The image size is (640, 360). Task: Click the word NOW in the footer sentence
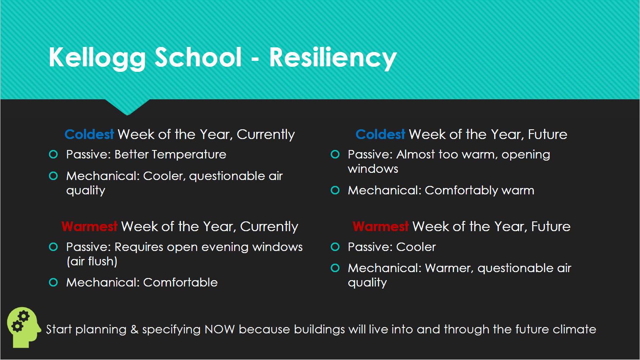219,330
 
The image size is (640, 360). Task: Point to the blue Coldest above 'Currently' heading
89,134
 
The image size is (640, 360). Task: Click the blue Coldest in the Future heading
380,134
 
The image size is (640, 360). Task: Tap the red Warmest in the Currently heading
90,226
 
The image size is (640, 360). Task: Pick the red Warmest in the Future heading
380,226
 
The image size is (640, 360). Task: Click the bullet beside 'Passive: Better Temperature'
53,155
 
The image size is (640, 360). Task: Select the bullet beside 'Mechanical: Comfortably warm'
335,190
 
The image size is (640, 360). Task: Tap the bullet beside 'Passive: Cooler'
335,247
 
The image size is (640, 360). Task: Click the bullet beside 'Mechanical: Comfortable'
53,282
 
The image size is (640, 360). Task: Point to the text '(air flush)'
92,261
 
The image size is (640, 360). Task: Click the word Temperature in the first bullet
189,155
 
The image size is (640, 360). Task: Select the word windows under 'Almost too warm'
373,169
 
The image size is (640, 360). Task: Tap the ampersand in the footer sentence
134,330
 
